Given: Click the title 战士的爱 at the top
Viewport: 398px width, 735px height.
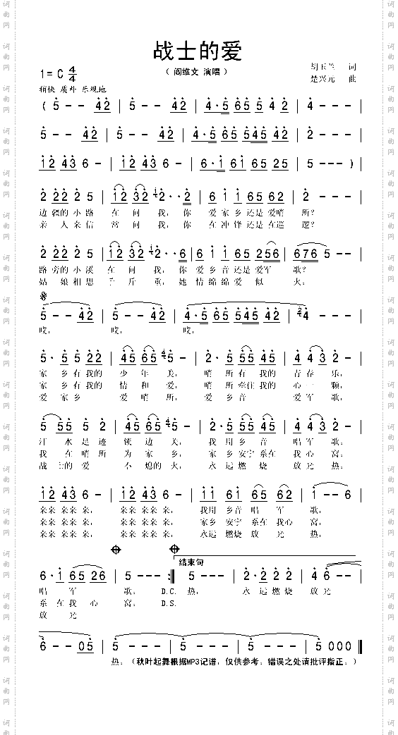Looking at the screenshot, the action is click(x=198, y=51).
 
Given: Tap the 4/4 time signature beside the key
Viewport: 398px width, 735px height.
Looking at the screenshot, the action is click(x=73, y=73).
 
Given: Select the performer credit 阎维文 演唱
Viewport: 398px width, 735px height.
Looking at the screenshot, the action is click(x=197, y=73).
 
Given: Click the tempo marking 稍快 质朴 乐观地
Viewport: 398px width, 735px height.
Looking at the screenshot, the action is click(x=73, y=90).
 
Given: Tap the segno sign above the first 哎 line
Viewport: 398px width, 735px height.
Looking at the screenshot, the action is click(x=44, y=297).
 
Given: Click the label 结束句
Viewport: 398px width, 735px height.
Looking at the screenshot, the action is click(x=191, y=562).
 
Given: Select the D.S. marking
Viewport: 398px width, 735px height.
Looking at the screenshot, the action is click(x=169, y=603).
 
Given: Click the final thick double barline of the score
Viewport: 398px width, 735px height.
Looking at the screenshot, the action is click(x=360, y=646).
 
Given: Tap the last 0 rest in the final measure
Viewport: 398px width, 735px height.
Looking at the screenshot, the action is click(x=349, y=646).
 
